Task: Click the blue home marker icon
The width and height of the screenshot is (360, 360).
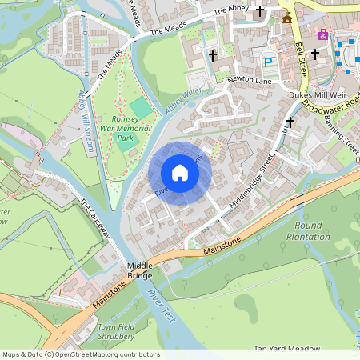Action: pyautogui.click(x=180, y=172)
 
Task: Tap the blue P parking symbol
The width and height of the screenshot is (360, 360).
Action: pyautogui.click(x=269, y=61)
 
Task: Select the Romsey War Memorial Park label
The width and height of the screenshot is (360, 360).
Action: pyautogui.click(x=124, y=128)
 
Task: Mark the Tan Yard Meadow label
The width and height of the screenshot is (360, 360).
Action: pyautogui.click(x=286, y=349)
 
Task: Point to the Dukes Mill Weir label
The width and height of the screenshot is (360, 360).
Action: pyautogui.click(x=316, y=94)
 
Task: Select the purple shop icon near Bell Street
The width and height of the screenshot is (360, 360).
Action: pyautogui.click(x=323, y=34)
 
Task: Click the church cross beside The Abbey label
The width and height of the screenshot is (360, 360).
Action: pyautogui.click(x=260, y=12)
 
